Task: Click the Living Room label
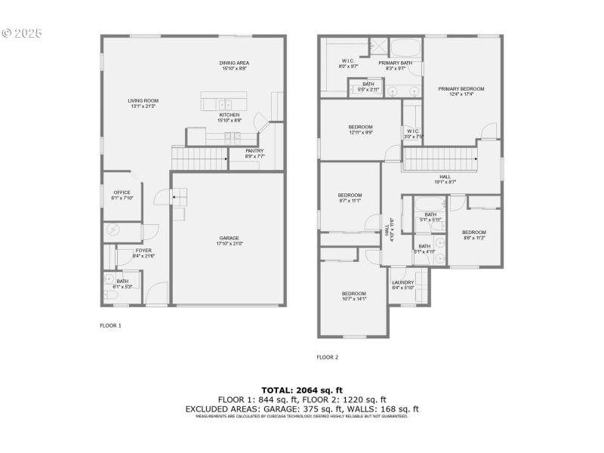[x=143, y=103]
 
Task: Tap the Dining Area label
[x=233, y=66]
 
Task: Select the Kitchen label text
[x=230, y=117]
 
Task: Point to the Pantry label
[x=254, y=153]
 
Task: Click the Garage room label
[x=230, y=241]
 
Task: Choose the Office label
[x=122, y=195]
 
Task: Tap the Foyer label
[x=143, y=253]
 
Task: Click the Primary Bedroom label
[x=461, y=91]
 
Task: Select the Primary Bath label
[x=396, y=66]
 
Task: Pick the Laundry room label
[x=403, y=285]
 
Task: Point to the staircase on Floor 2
[x=440, y=159]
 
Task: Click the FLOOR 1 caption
[x=110, y=325]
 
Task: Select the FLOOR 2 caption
[x=328, y=357]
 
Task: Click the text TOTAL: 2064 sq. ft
[x=302, y=390]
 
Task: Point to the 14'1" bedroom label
[x=353, y=296]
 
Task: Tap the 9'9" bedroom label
[x=360, y=129]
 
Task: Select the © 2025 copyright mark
[x=22, y=33]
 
